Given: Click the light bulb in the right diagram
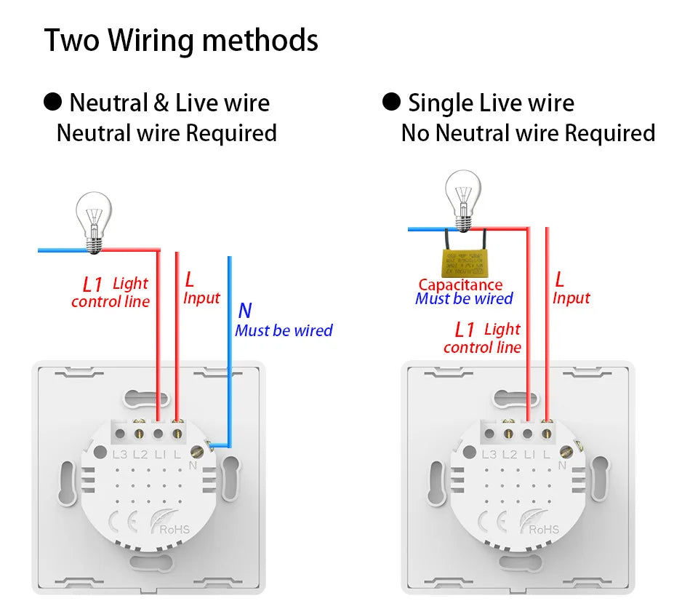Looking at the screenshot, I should (x=462, y=195).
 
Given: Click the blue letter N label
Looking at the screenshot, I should (x=245, y=311).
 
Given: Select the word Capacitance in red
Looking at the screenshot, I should (x=460, y=285).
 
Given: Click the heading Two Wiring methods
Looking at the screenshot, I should (x=181, y=40).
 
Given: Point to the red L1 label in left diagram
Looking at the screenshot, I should (x=92, y=284).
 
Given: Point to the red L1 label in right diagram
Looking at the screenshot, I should (x=464, y=330).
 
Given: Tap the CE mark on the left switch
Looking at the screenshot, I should (x=119, y=522).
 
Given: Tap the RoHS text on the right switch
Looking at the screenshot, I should (x=544, y=529).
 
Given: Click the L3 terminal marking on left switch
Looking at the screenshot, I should (x=120, y=455).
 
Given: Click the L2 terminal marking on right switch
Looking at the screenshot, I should (x=509, y=455).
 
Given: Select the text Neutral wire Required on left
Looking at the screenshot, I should (x=167, y=133).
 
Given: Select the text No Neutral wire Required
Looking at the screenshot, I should (x=528, y=133).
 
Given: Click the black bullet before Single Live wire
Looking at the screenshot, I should (x=392, y=103).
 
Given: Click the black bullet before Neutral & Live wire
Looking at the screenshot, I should (x=53, y=103).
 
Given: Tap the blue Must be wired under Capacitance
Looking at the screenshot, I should (x=464, y=298).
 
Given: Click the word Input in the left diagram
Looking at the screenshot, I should (x=201, y=298).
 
